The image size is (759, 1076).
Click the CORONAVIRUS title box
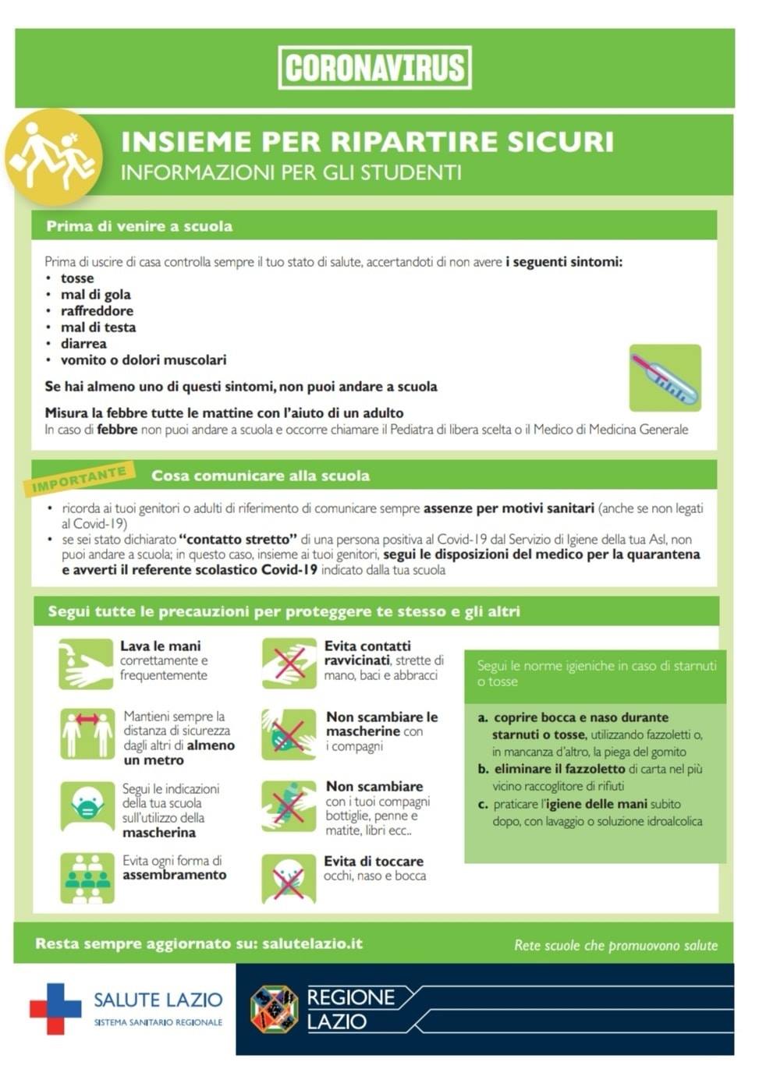tap(374, 68)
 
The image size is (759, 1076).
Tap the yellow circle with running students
tap(53, 158)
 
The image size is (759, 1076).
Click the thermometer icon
tap(665, 378)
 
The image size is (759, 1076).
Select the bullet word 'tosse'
tap(77, 278)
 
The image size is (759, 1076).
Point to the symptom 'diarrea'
tap(83, 343)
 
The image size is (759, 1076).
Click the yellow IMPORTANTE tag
tap(80, 479)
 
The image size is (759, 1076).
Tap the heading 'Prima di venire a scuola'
tap(139, 226)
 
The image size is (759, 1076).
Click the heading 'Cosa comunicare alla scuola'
tap(261, 476)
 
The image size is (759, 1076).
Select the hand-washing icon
tap(86, 664)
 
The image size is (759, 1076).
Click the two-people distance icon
tap(87, 734)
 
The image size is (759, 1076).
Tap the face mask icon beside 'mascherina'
tap(87, 806)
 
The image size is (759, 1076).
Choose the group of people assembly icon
tap(87, 878)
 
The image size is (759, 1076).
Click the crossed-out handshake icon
tap(289, 664)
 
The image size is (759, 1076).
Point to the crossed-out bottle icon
tap(289, 806)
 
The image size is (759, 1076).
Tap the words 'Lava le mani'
tap(160, 646)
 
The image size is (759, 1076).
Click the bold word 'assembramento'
tap(174, 875)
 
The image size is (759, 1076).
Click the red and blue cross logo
tap(55, 1008)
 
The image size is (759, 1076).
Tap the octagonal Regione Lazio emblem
tap(274, 1009)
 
